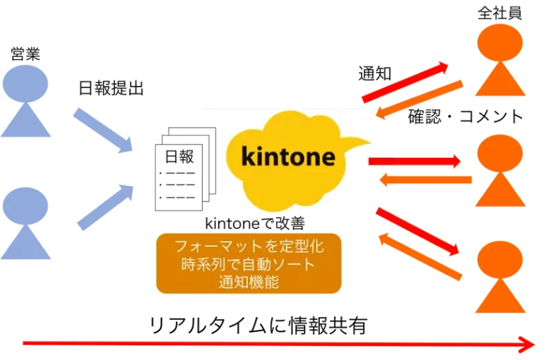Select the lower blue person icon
click(25, 223)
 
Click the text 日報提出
click(110, 89)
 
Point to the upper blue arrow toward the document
click(103, 130)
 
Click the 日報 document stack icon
click(185, 170)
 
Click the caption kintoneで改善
click(254, 223)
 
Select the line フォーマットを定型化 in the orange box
click(248, 247)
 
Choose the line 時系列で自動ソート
click(248, 265)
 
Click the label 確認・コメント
click(465, 116)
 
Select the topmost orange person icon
click(500, 61)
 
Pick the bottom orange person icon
click(500, 275)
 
